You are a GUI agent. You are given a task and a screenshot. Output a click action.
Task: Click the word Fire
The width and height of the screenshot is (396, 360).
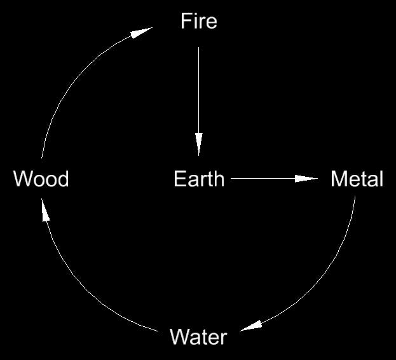[x=198, y=21]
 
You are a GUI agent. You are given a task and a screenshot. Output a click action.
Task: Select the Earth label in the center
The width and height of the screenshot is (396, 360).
[x=198, y=179]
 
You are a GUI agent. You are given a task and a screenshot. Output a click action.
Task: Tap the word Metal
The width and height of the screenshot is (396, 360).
[x=357, y=179]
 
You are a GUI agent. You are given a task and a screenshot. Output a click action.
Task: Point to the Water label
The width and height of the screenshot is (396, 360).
[x=198, y=336]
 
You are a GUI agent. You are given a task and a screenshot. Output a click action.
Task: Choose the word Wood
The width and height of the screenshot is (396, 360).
[x=41, y=179]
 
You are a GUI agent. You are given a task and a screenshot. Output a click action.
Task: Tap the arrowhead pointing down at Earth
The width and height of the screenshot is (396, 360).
[x=199, y=143]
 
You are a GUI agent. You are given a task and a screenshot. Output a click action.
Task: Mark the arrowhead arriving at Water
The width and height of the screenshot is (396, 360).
[x=252, y=325]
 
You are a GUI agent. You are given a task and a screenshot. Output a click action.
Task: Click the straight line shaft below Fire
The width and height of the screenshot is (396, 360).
[x=199, y=89]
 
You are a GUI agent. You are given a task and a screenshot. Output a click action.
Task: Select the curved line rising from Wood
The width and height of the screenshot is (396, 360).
[x=70, y=89]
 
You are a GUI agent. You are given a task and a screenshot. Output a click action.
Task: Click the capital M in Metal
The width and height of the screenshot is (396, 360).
[x=338, y=179]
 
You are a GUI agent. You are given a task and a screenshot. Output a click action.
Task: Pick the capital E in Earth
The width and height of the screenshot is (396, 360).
[x=179, y=179]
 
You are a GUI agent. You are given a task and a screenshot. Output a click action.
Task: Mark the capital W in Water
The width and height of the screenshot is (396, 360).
[x=179, y=336]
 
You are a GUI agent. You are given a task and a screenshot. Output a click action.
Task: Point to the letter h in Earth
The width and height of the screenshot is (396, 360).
[x=219, y=179]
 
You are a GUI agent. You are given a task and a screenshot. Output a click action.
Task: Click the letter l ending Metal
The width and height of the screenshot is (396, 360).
[x=381, y=179]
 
